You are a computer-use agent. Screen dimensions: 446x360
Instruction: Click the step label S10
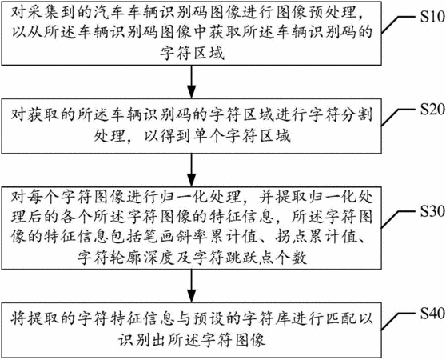[x=432, y=17]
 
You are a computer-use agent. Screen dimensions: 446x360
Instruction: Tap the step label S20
[x=432, y=110]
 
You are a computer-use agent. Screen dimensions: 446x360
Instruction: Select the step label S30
[x=432, y=211]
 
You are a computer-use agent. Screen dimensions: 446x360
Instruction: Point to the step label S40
[x=432, y=313]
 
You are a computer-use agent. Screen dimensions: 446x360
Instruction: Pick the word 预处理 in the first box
[x=332, y=14]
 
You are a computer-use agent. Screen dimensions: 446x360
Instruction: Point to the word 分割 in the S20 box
[x=356, y=114]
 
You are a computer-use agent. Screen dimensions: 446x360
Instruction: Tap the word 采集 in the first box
[x=43, y=14]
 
